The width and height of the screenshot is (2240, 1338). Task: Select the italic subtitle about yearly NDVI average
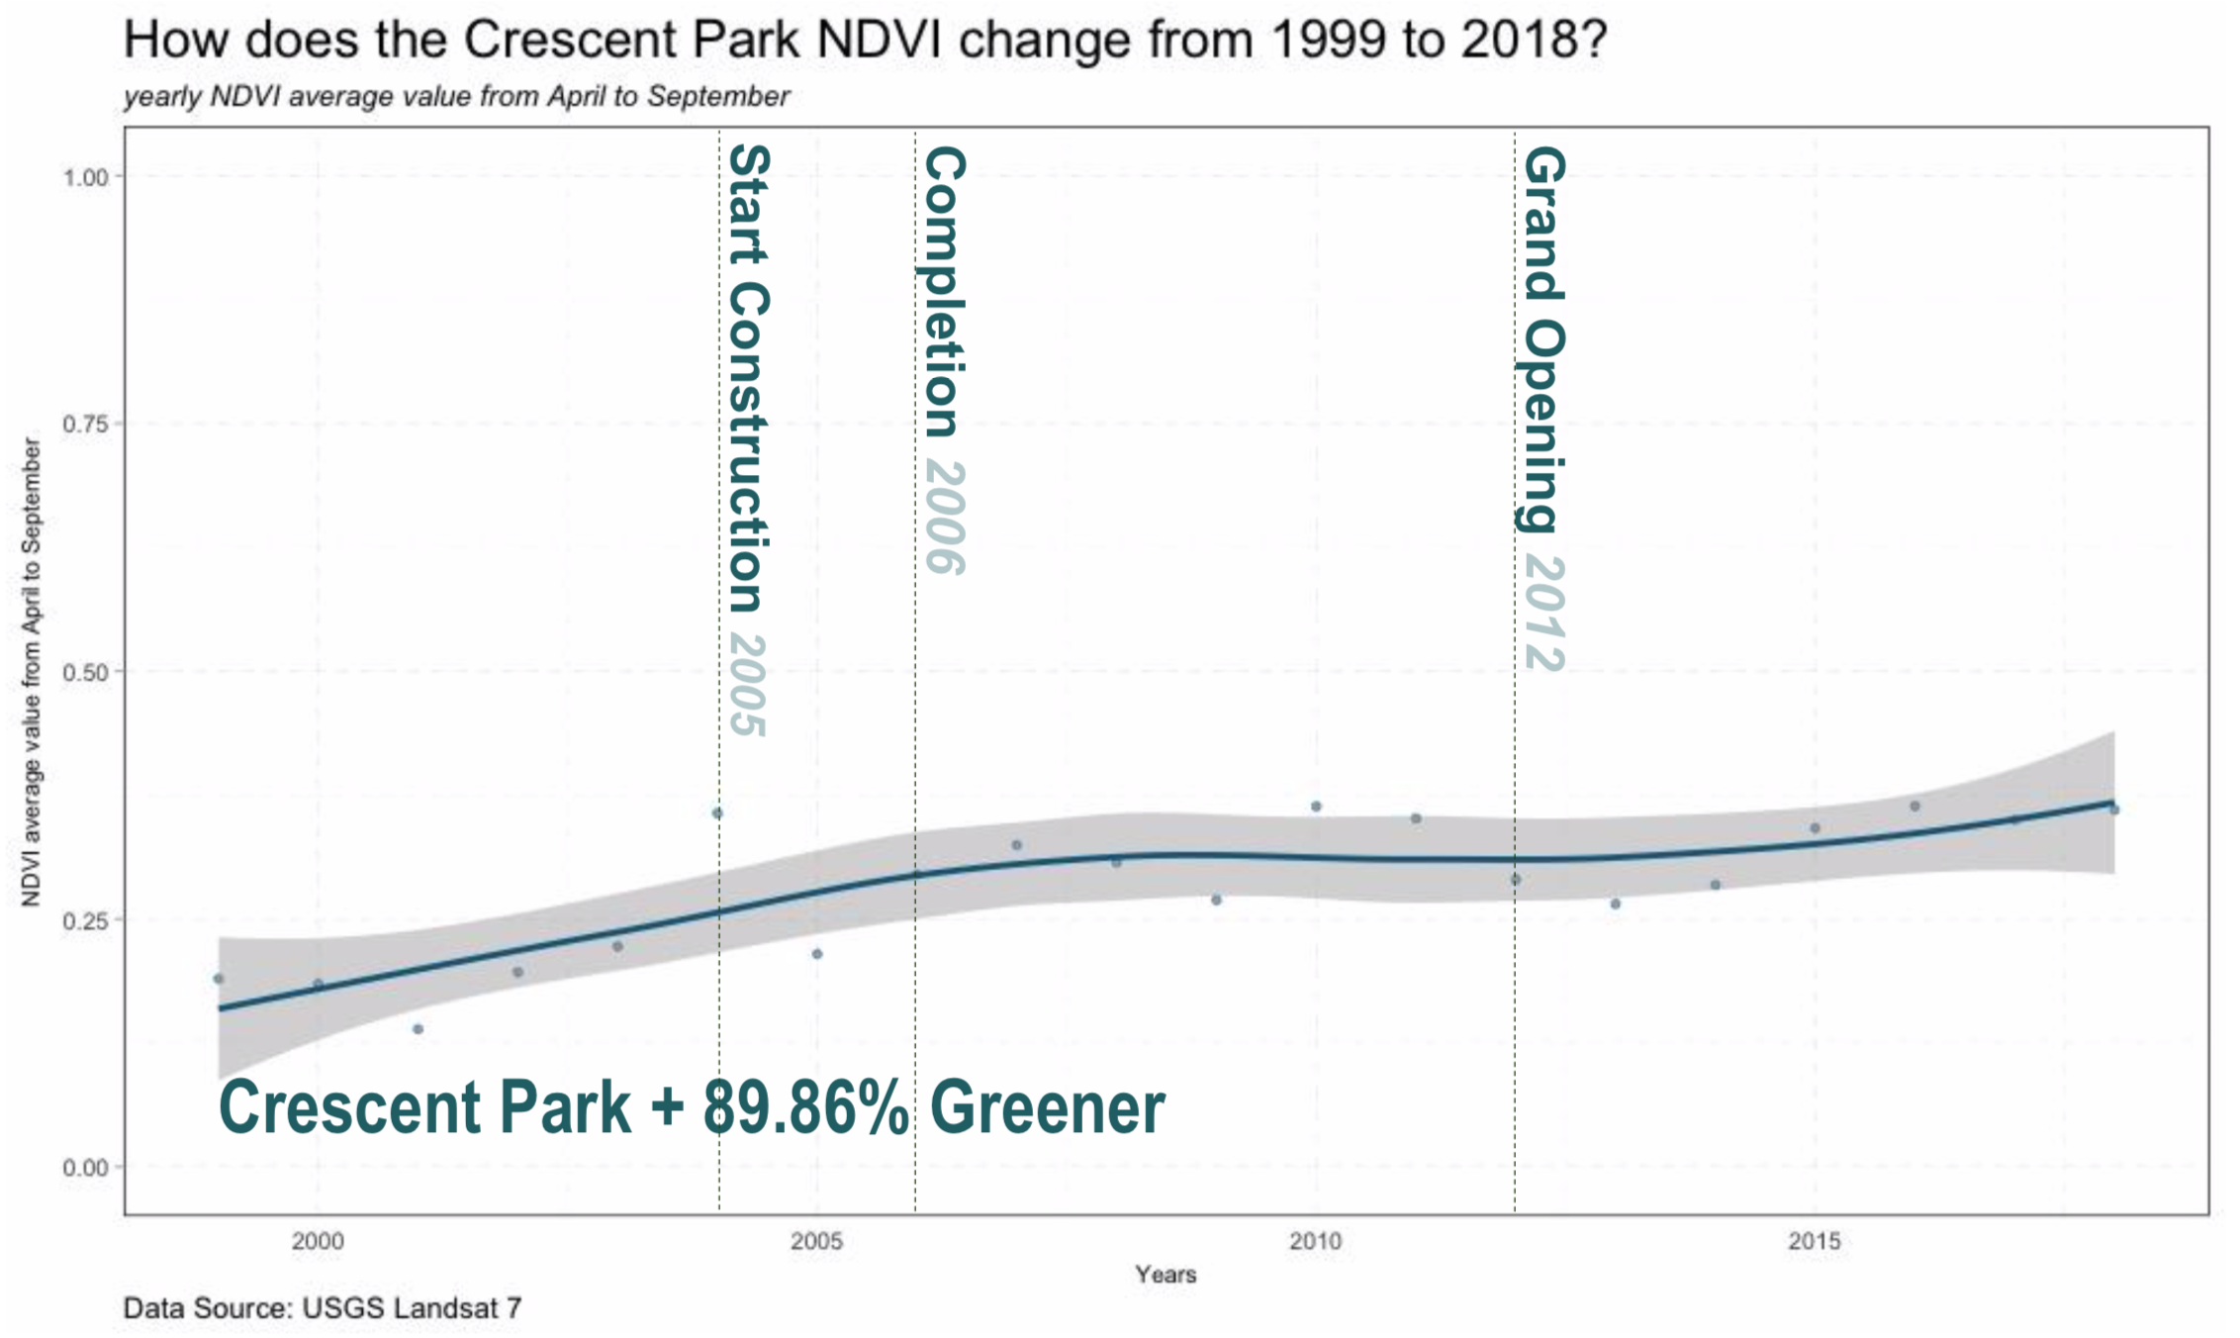(456, 97)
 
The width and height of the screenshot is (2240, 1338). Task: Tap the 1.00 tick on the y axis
(86, 177)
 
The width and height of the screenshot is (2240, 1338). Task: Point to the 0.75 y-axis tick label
(86, 425)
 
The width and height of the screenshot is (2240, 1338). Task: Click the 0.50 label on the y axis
(86, 673)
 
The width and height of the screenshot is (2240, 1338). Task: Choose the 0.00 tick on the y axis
(86, 1169)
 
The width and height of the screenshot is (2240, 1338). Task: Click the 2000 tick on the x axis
(318, 1241)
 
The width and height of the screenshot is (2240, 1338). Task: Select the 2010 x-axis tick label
(1315, 1241)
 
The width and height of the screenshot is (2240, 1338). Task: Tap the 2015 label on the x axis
(1814, 1241)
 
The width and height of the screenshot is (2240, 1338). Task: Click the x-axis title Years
(1166, 1275)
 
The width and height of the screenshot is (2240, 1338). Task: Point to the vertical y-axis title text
(32, 673)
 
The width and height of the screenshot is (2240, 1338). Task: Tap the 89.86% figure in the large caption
(805, 1108)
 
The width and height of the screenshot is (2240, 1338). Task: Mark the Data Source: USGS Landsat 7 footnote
(322, 1309)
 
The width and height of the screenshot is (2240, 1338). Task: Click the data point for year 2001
(418, 1029)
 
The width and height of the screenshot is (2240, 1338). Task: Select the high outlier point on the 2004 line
(717, 813)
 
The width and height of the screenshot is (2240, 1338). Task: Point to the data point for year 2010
(1316, 807)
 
